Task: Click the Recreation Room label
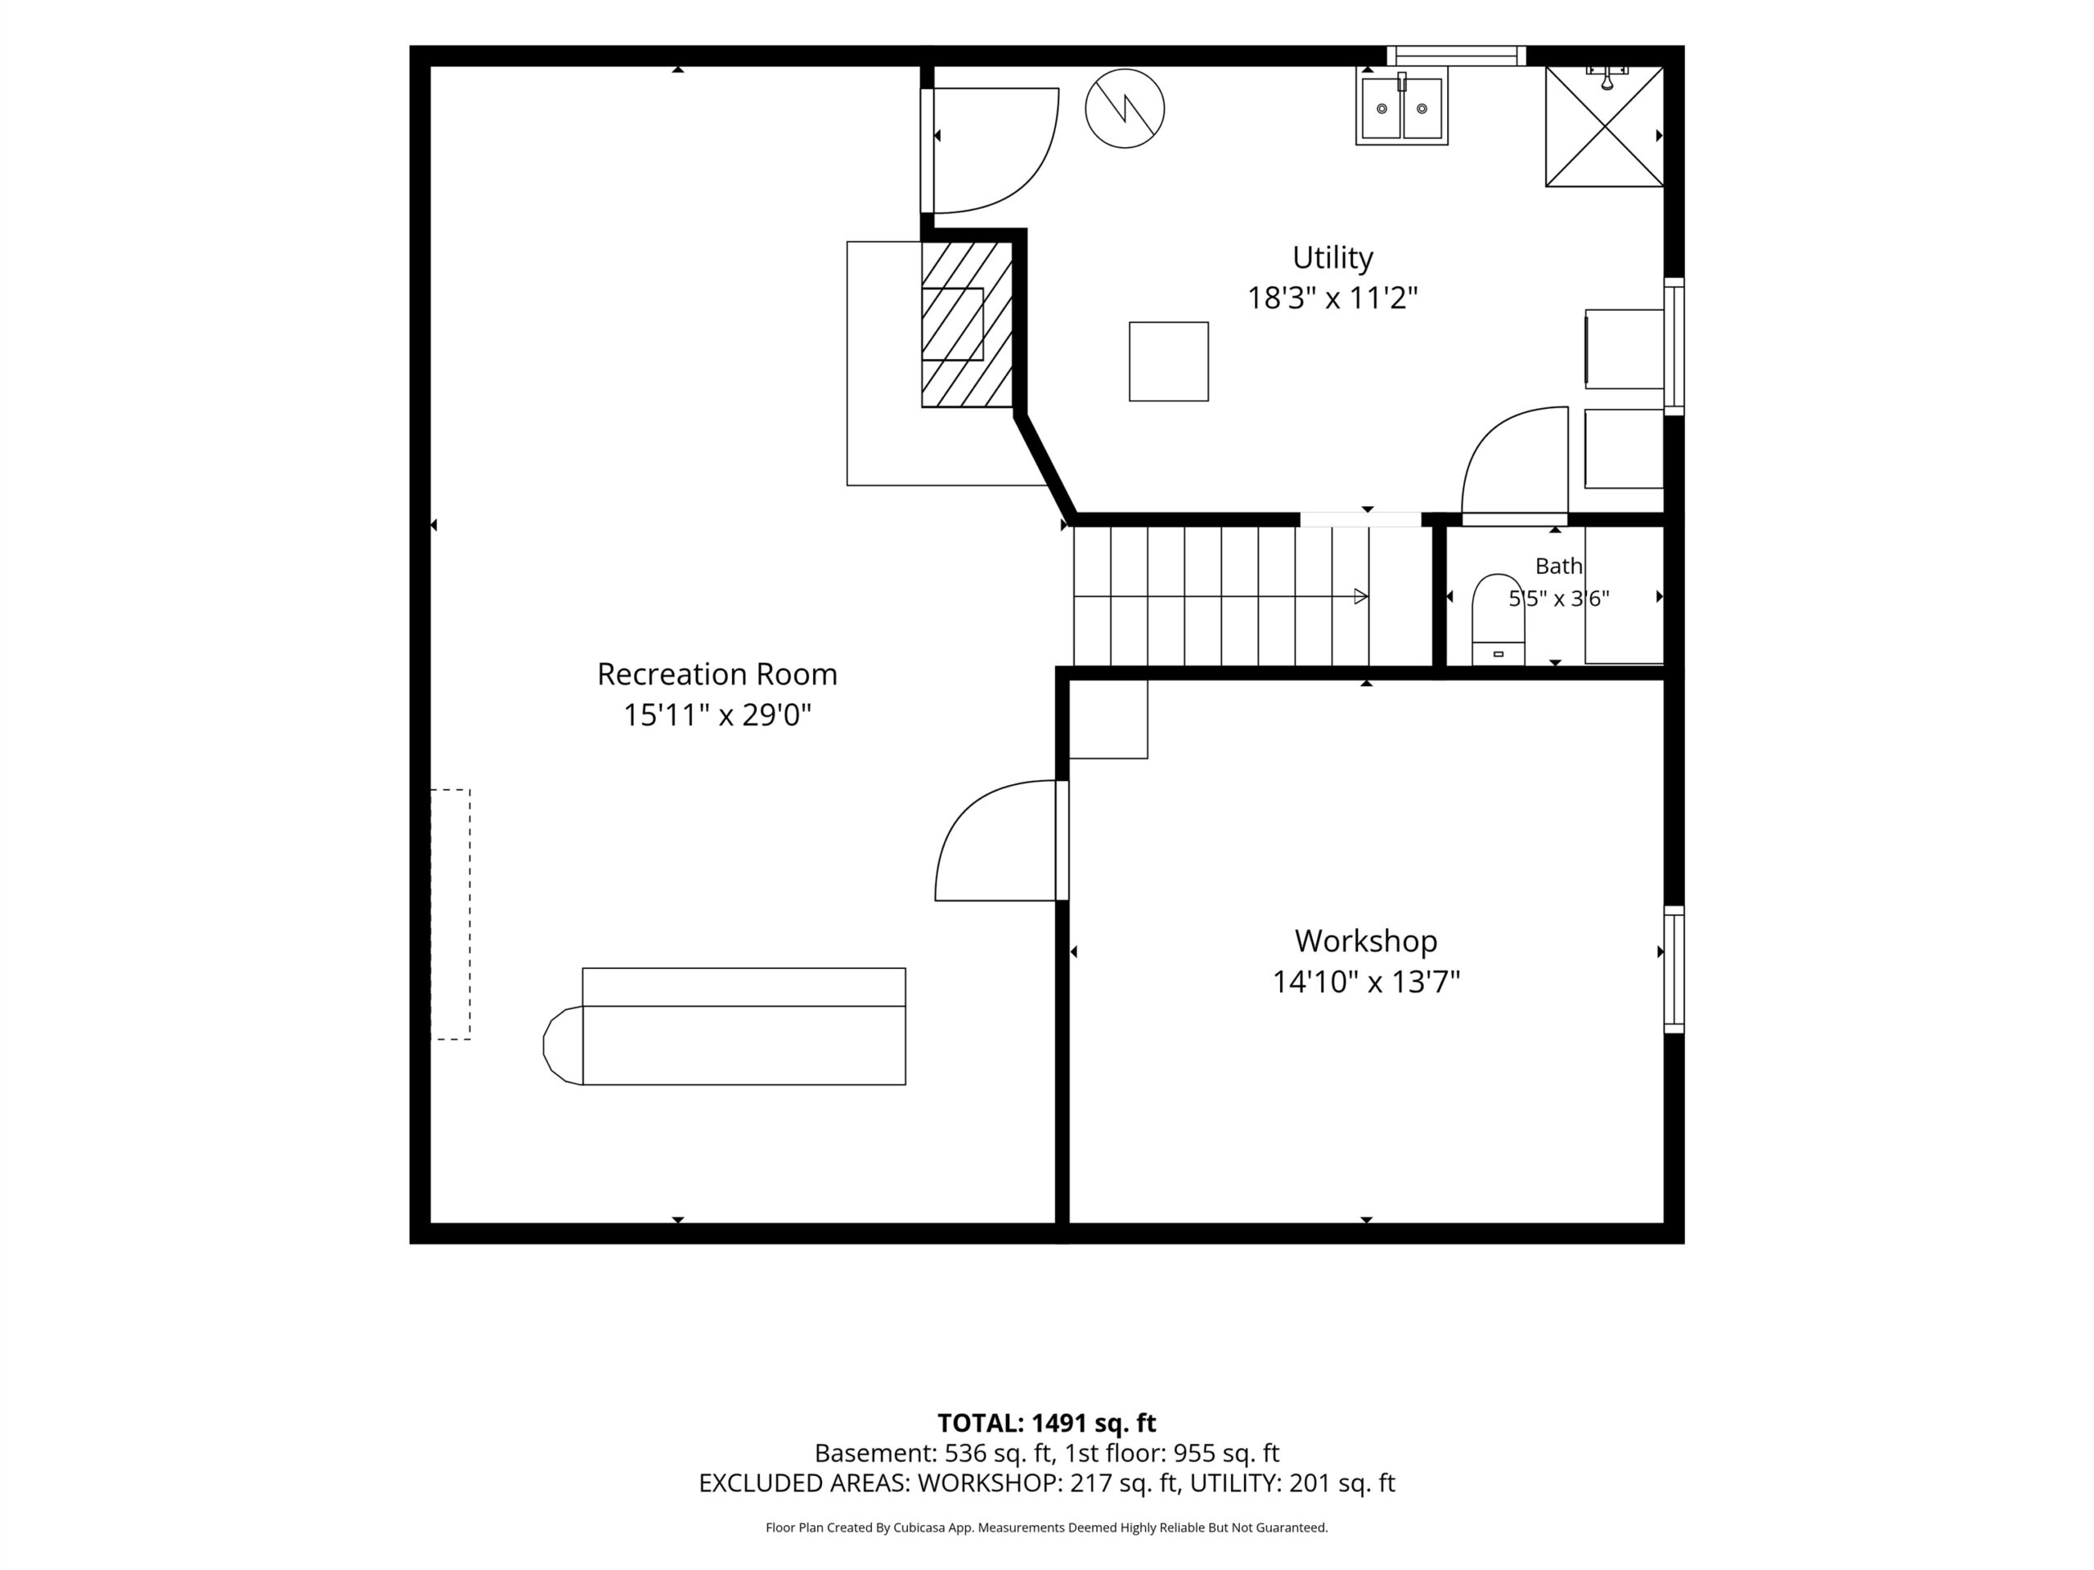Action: point(717,674)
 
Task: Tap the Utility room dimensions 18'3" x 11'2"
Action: point(1332,298)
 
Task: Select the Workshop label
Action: point(1365,940)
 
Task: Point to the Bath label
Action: point(1558,566)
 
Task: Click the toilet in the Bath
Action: point(1498,619)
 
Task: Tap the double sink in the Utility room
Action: point(1401,109)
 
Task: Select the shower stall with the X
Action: point(1605,126)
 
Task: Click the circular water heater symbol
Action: point(1125,108)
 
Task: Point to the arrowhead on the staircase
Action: point(1361,596)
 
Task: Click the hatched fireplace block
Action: point(967,325)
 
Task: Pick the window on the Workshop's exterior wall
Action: point(1674,969)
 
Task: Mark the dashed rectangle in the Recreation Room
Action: point(451,914)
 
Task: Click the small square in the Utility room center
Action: point(1168,361)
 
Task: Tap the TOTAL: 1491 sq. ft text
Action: point(1046,1422)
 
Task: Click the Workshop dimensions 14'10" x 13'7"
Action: point(1365,982)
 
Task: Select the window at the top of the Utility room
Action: point(1456,56)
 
